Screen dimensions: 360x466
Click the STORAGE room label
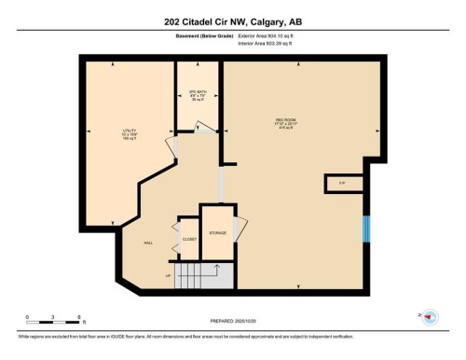217,232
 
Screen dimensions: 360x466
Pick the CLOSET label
188,239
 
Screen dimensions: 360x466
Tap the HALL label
147,242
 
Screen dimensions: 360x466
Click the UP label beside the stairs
169,276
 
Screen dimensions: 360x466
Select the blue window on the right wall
366,228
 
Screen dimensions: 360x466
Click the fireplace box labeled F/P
342,183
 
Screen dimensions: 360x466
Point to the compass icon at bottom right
430,317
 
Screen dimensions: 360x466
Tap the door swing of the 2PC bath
205,128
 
